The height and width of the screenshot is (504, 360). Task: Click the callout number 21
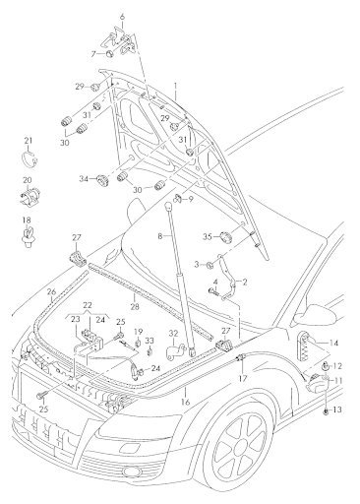click(29, 141)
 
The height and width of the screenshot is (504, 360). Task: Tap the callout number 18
click(27, 220)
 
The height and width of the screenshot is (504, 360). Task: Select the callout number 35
click(208, 236)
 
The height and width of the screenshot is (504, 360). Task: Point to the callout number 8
click(160, 235)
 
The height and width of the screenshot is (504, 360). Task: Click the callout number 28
click(135, 307)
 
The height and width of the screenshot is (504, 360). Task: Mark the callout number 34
click(84, 179)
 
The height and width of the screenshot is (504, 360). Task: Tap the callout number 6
click(122, 16)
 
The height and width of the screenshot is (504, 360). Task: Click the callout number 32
click(173, 334)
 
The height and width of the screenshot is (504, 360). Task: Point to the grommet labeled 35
click(225, 236)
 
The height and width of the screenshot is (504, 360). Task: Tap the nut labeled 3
click(210, 264)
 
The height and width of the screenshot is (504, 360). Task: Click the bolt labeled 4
click(213, 290)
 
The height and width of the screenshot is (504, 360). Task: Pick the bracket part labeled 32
click(176, 351)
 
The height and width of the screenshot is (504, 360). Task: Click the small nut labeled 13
click(326, 410)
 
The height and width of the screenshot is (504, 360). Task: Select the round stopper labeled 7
click(110, 54)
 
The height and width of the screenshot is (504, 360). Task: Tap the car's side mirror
click(317, 313)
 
